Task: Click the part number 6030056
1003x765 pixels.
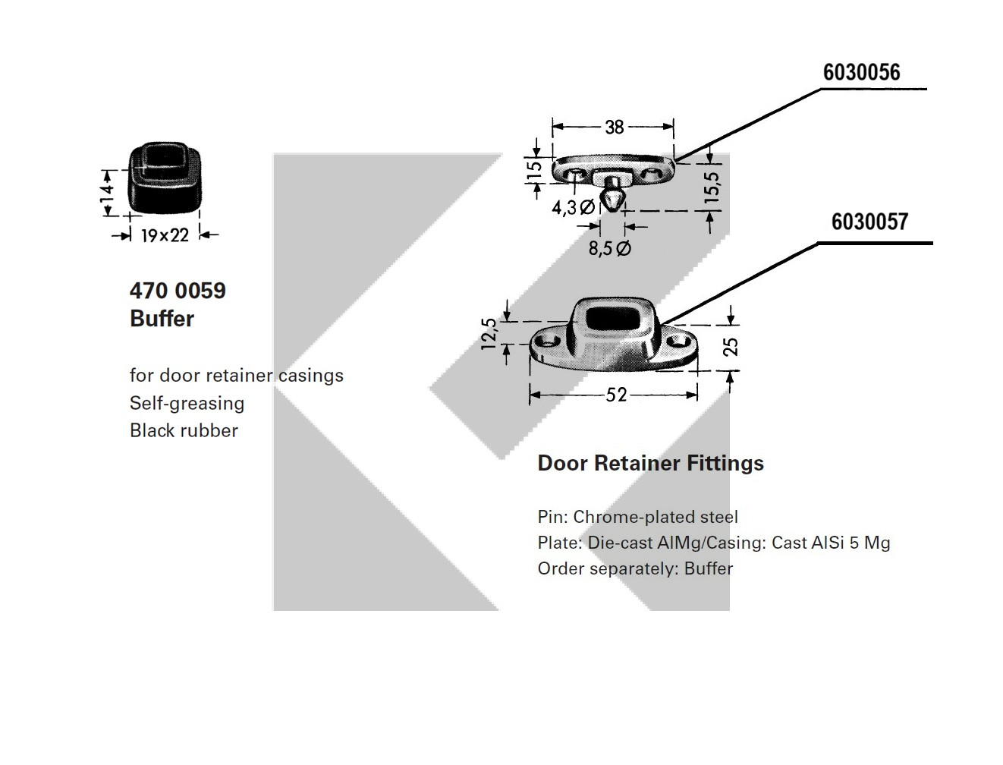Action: pos(861,73)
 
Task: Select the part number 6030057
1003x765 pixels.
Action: pos(869,222)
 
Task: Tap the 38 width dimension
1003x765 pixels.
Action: pos(614,127)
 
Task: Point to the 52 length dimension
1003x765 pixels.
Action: pos(616,395)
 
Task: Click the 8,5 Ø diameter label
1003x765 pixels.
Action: pos(609,248)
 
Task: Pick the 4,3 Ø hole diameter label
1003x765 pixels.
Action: pos(573,207)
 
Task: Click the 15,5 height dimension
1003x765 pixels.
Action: pos(712,184)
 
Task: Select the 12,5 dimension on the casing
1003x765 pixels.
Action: pos(489,333)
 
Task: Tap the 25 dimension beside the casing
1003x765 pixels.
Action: pos(731,346)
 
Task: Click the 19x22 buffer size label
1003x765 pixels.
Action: pos(165,235)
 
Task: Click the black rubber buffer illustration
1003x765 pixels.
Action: pos(165,179)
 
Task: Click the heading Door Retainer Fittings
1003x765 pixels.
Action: pos(650,463)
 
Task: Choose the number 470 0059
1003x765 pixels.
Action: pos(178,291)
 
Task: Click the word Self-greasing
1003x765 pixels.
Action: pos(187,403)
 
